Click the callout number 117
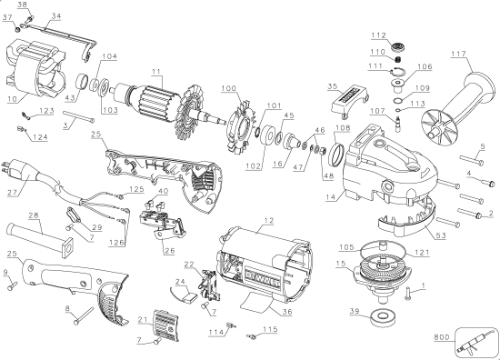(460, 55)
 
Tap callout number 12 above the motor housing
(268, 222)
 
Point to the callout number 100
(227, 87)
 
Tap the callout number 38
(24, 5)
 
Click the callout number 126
(117, 243)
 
